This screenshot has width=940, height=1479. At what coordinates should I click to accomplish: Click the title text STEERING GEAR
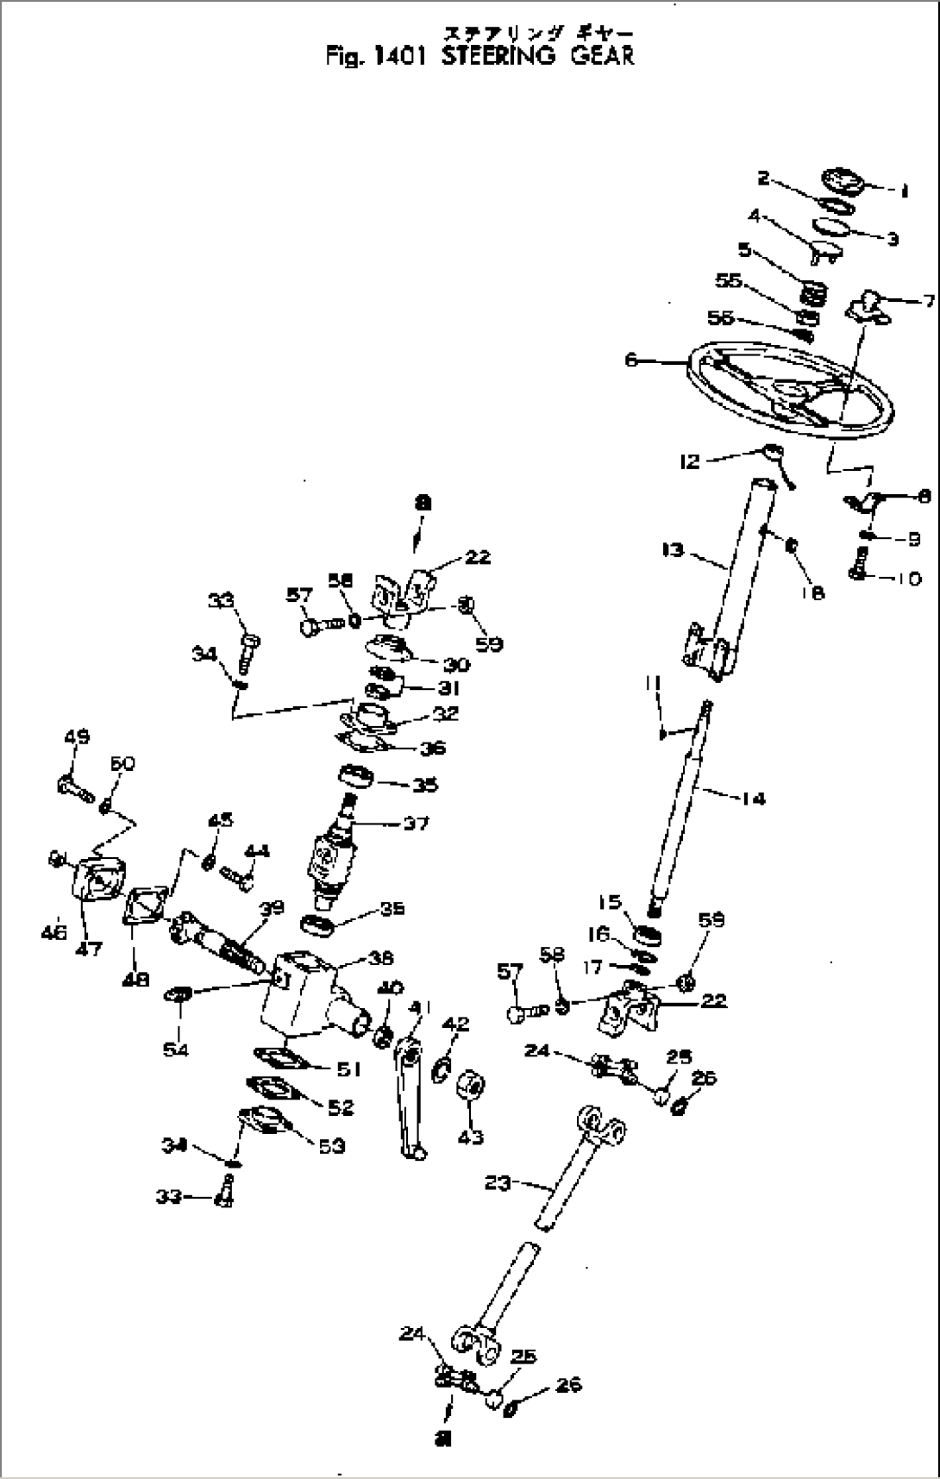(x=538, y=55)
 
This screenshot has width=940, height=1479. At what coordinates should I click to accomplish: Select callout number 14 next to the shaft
(x=753, y=799)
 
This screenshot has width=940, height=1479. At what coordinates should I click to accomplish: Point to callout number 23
(x=498, y=1183)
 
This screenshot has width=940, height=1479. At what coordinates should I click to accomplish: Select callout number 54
(x=176, y=1050)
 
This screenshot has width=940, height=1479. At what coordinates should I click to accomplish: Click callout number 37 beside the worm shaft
(x=417, y=824)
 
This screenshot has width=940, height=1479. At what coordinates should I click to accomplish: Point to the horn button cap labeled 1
(x=839, y=183)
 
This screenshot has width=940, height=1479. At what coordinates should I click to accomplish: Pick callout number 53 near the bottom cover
(x=332, y=1145)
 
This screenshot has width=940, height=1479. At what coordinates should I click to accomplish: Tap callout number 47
(x=89, y=948)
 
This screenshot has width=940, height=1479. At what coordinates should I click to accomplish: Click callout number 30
(x=456, y=664)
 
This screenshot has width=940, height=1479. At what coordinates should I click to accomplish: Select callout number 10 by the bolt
(x=907, y=578)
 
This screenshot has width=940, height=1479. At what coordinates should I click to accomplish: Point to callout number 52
(x=340, y=1106)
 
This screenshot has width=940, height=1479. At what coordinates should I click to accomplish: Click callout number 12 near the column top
(x=690, y=462)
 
